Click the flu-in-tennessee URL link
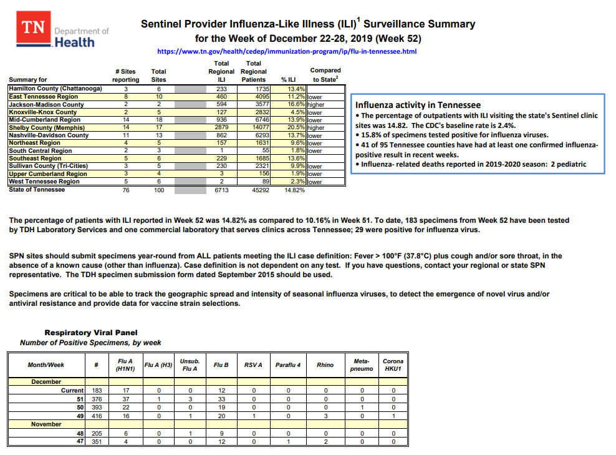[287, 52]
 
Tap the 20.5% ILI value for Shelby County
[295, 127]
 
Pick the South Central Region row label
[40, 150]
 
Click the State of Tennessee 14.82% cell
[294, 190]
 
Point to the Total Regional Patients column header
[253, 71]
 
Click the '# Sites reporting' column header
[125, 76]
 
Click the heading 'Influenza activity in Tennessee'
[418, 105]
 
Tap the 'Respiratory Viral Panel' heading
[91, 333]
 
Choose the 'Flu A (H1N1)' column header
[121, 365]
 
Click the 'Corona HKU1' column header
[393, 365]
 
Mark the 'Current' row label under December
[72, 390]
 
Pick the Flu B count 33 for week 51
[221, 399]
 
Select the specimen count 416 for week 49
[97, 415]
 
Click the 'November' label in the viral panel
[47, 424]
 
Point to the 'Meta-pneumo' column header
[362, 365]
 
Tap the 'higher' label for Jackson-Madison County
[315, 105]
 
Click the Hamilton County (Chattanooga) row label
[55, 89]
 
